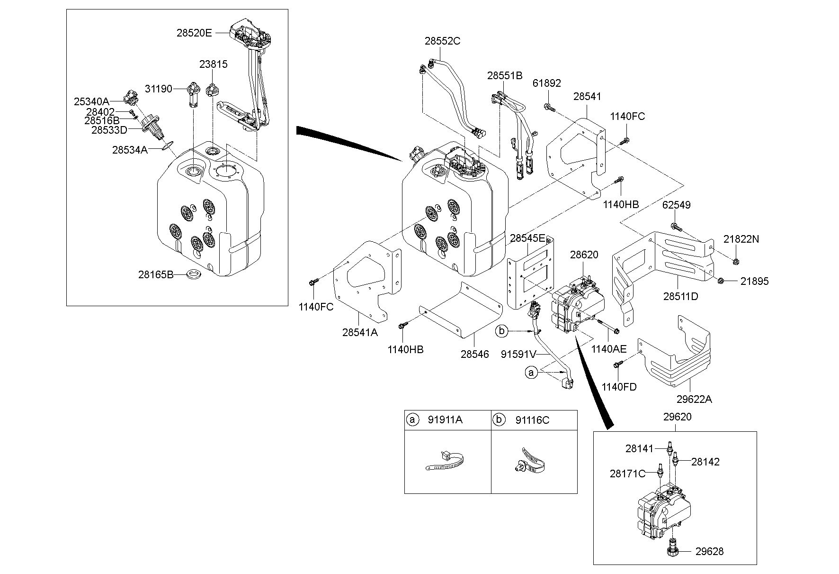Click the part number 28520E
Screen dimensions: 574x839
pyautogui.click(x=194, y=33)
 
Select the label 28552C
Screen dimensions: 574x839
pyautogui.click(x=442, y=41)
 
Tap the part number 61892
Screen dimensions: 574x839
pyautogui.click(x=546, y=83)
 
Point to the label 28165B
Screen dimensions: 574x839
pyautogui.click(x=156, y=274)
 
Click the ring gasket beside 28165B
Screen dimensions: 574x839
pyautogui.click(x=193, y=274)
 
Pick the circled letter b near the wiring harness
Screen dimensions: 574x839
pyautogui.click(x=502, y=331)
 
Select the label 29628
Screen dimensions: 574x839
pyautogui.click(x=709, y=551)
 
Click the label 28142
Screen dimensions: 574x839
pyautogui.click(x=705, y=462)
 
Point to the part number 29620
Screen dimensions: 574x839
pyautogui.click(x=677, y=417)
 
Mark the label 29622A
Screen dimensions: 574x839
pyautogui.click(x=694, y=399)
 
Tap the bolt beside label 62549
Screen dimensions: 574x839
pyautogui.click(x=676, y=226)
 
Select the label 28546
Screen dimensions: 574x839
pyautogui.click(x=475, y=354)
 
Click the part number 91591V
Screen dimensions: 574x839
pyautogui.click(x=518, y=354)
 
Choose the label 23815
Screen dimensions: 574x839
pyautogui.click(x=213, y=64)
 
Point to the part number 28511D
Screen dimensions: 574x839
pyautogui.click(x=680, y=297)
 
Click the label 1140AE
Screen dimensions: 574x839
pyautogui.click(x=608, y=349)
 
